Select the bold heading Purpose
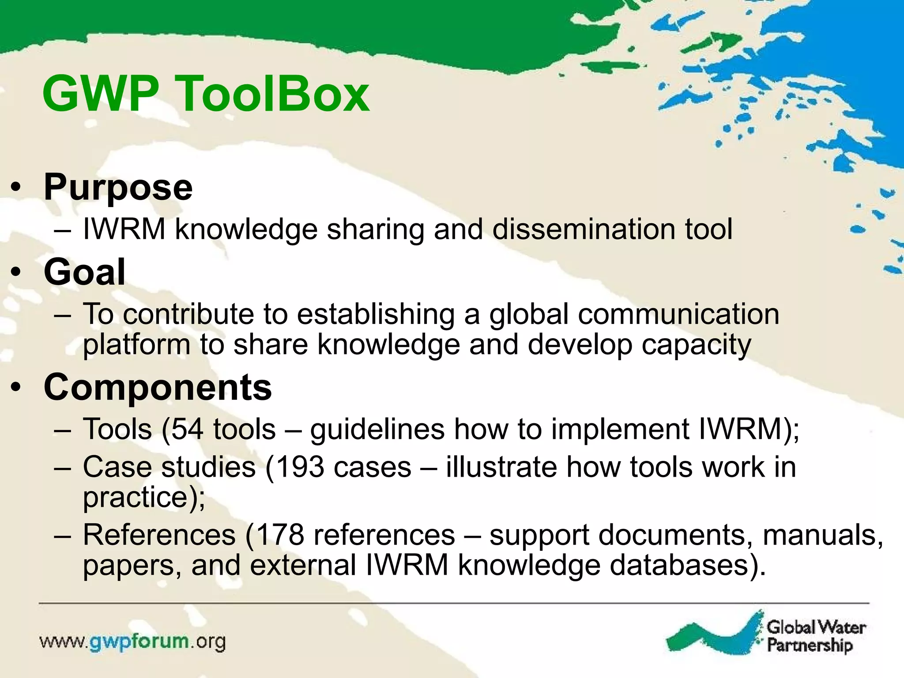tap(118, 188)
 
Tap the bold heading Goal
tap(84, 272)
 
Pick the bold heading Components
tap(158, 387)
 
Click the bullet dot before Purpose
tap(16, 189)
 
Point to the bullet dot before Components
tap(16, 388)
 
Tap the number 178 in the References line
tap(280, 535)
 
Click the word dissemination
tap(584, 229)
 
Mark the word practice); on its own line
tap(144, 498)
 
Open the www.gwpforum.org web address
tap(132, 642)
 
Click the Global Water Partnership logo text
tap(816, 636)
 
